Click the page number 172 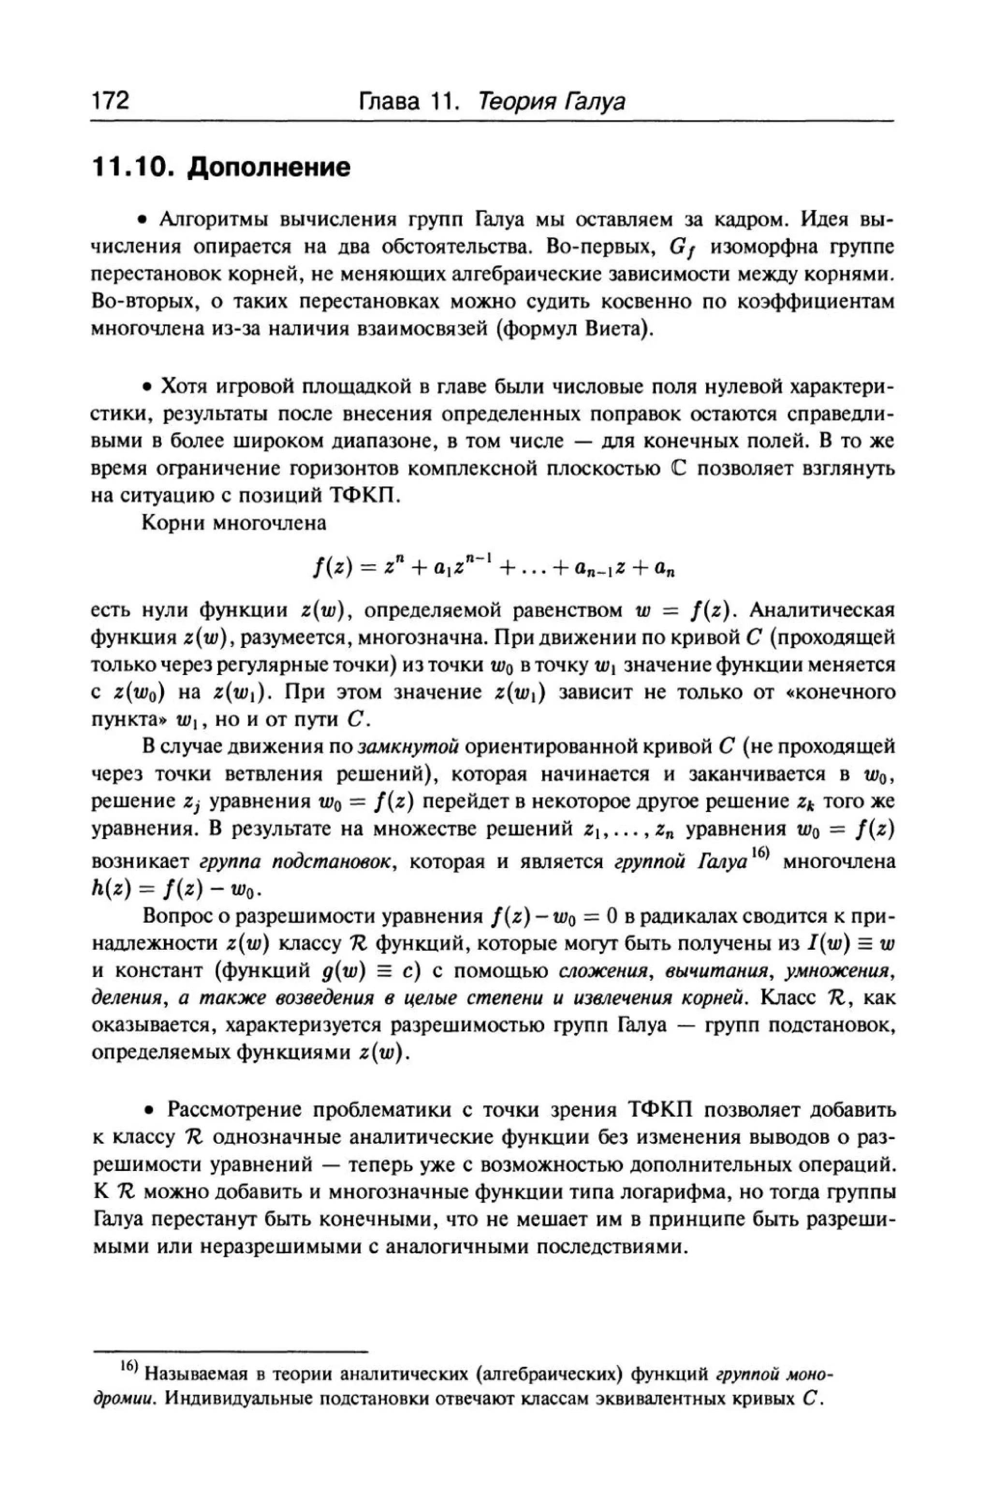111,101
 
